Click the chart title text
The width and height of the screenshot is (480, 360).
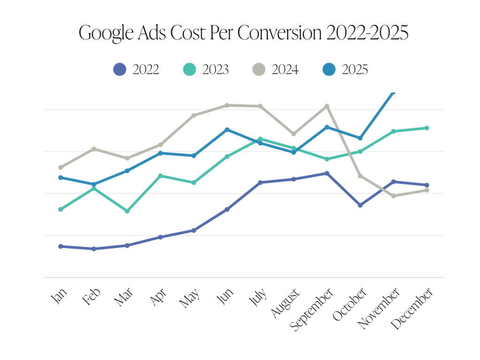coord(243,33)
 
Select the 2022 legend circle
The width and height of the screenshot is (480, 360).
coord(120,69)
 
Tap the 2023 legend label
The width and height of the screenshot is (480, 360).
coord(216,70)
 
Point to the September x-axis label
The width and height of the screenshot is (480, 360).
coord(312,309)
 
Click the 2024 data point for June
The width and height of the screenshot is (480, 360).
coord(227,105)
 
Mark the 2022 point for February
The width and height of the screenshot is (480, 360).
coord(94,249)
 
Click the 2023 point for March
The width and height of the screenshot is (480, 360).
coord(127,211)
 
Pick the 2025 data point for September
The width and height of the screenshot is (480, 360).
coord(327,127)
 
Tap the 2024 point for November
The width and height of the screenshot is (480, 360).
coord(393,196)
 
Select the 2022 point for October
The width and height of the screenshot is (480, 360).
coord(360,205)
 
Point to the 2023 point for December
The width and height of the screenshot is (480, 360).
coord(427,128)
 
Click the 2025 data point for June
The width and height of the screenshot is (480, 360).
coord(227,129)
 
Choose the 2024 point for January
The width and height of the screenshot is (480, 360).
coord(60,167)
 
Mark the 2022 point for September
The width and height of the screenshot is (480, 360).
coord(327,173)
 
